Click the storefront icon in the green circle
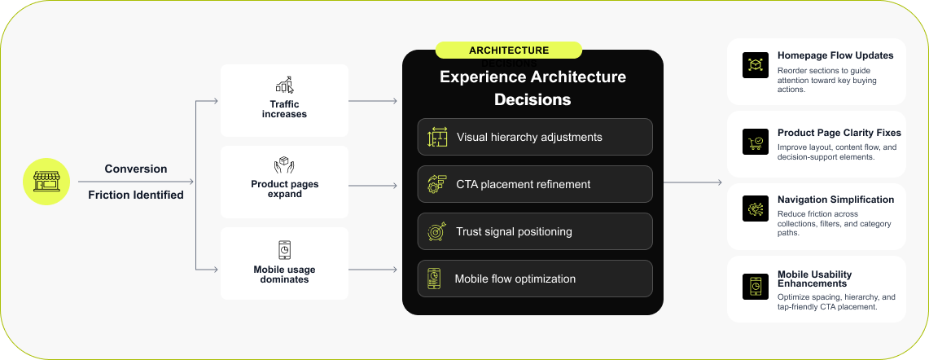click(x=46, y=181)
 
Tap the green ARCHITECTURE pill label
click(x=508, y=50)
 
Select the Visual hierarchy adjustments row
click(x=535, y=137)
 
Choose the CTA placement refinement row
click(x=535, y=184)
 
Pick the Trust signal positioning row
click(x=535, y=231)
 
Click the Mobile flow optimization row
click(x=535, y=279)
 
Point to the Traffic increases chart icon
click(x=284, y=85)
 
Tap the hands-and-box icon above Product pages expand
click(x=284, y=166)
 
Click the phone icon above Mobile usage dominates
click(x=284, y=249)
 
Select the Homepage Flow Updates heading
click(x=835, y=55)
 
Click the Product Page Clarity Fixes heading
click(x=839, y=133)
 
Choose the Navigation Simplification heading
click(x=835, y=200)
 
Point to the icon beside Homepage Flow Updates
click(x=756, y=65)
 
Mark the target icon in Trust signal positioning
click(x=437, y=232)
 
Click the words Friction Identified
click(x=136, y=195)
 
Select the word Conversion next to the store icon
click(x=136, y=169)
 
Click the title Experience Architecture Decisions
click(x=532, y=88)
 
